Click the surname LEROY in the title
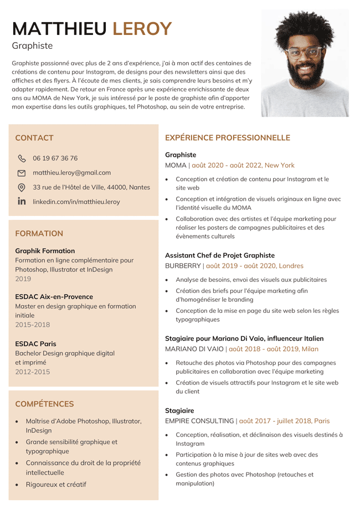click(x=142, y=28)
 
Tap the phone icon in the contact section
click(x=22, y=158)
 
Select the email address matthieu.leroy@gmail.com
click(x=71, y=173)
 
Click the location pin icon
click(x=22, y=188)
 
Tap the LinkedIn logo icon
click(x=22, y=202)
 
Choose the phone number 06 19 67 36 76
click(x=55, y=158)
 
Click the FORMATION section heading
click(x=39, y=234)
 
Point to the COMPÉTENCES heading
click(x=44, y=404)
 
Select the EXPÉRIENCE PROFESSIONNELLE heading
click(x=228, y=138)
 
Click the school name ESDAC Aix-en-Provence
click(x=54, y=297)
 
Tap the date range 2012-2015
click(x=32, y=372)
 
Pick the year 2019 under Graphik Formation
click(x=23, y=279)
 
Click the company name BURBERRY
click(x=183, y=266)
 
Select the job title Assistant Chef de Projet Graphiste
click(x=220, y=255)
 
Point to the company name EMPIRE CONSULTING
click(x=199, y=421)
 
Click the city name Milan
click(x=310, y=349)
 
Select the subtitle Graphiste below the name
click(x=32, y=46)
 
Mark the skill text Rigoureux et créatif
click(x=56, y=485)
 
